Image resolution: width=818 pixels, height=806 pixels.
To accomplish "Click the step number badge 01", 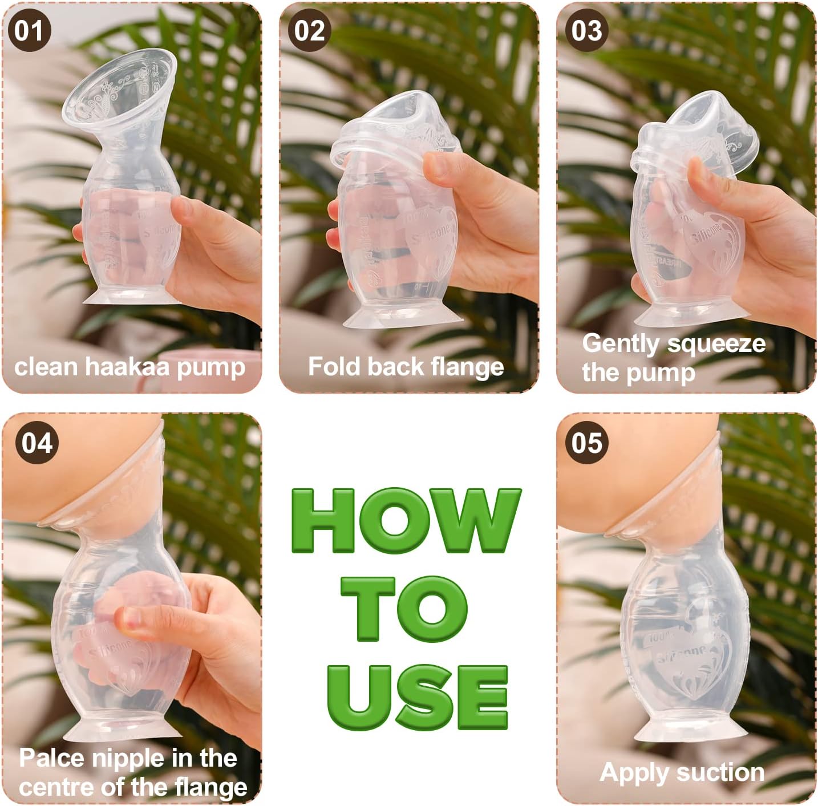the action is (x=29, y=31).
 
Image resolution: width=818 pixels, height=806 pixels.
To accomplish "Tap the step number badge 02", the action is (x=309, y=31).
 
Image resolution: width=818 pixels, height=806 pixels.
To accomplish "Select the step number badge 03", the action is (x=586, y=31).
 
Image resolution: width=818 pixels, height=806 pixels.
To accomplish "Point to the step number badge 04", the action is (x=37, y=443).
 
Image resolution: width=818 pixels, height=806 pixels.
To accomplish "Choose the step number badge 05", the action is (x=586, y=443).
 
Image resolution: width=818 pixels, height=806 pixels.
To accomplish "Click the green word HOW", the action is (x=406, y=521).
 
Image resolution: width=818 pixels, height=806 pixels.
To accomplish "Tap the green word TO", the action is (x=404, y=608).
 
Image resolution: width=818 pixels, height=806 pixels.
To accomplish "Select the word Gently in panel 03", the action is (x=620, y=344).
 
